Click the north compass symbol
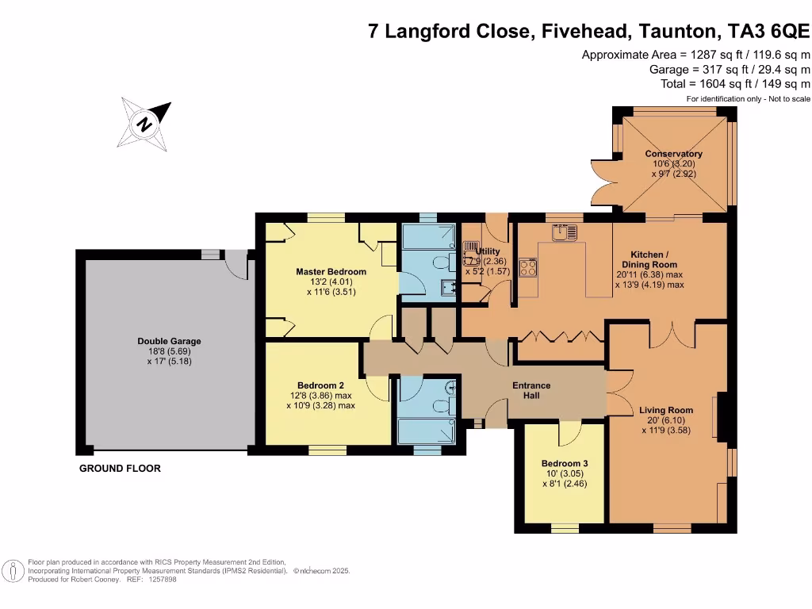point(144,124)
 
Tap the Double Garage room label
point(169,342)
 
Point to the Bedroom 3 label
point(564,463)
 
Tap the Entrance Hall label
point(530,390)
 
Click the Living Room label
point(666,411)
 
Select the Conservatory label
point(673,154)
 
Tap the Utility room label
point(488,251)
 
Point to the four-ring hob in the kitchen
point(527,268)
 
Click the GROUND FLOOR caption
point(120,469)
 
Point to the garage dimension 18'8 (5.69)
point(169,351)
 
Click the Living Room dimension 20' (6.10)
point(666,421)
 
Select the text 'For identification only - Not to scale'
point(748,98)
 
